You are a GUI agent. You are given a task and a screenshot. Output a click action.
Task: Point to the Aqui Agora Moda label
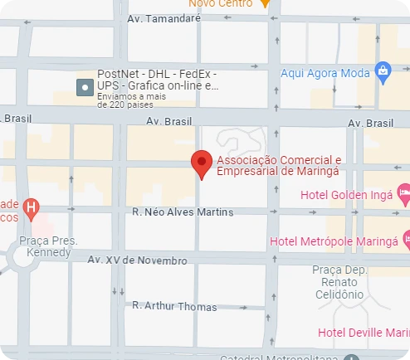325,73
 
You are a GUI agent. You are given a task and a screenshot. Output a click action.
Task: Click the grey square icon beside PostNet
84,86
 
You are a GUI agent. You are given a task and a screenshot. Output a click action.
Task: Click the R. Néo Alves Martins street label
183,212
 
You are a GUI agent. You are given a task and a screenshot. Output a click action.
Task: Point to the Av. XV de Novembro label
138,260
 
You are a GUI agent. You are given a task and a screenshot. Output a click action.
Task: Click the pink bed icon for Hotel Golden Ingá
403,193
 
